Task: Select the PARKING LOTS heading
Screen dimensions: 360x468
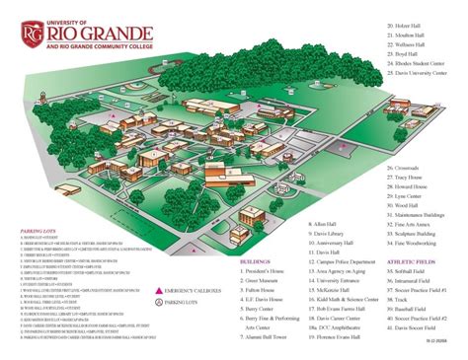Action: point(36,233)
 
